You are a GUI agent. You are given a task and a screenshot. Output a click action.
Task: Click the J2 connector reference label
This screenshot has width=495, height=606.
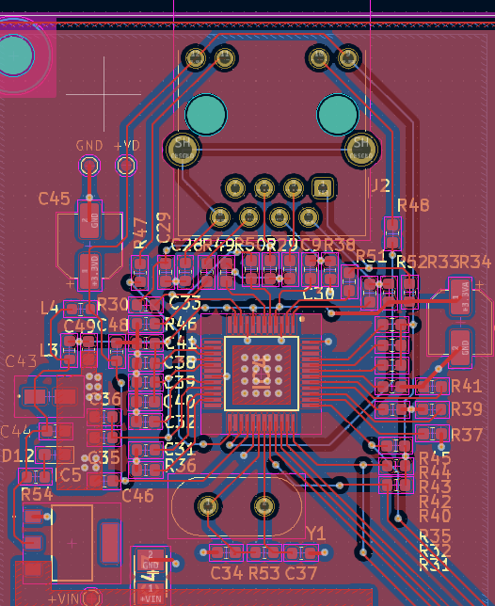pos(379,185)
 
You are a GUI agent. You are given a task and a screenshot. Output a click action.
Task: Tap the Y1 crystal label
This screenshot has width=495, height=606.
pos(315,533)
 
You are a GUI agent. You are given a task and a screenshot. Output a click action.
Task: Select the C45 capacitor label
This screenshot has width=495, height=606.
pos(54,199)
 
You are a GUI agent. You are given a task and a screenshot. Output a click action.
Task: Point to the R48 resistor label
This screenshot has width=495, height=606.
pos(413,205)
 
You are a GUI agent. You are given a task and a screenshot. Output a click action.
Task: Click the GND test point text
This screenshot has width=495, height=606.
pos(89,146)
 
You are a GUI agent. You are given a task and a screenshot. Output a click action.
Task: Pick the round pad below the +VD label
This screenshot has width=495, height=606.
pos(125,166)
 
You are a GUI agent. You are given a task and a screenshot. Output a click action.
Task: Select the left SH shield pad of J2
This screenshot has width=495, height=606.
pos(181,147)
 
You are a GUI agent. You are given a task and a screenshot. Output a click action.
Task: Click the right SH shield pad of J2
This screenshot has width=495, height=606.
pos(359,147)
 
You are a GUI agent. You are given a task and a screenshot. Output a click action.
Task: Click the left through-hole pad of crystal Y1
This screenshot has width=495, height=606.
pos(208,506)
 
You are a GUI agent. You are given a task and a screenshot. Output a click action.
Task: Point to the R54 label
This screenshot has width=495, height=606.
pos(36,494)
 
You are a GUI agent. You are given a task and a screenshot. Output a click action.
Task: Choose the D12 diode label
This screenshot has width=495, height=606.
pos(18,455)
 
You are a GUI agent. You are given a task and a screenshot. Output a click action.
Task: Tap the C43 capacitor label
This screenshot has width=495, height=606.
pos(22,361)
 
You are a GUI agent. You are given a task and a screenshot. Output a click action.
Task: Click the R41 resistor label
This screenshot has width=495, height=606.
pos(466,386)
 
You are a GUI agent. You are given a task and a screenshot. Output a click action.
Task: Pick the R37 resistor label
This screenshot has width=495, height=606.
pos(467,435)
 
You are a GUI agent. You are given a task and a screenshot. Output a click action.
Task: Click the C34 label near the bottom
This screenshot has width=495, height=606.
pos(227,572)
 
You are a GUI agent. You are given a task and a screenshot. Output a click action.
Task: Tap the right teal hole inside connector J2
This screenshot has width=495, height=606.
pos(338,115)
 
